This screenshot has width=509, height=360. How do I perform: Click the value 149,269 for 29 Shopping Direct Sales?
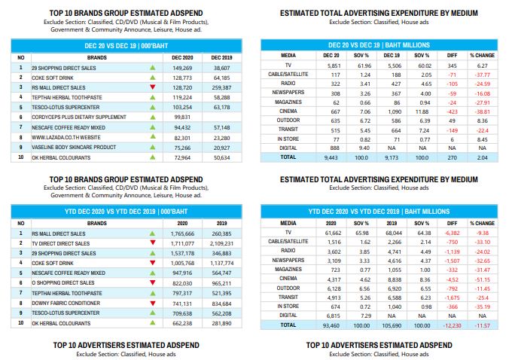[182, 69]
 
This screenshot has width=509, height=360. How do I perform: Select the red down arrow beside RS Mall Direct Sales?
[153, 87]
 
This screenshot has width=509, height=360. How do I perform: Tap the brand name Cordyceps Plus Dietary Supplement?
[79, 117]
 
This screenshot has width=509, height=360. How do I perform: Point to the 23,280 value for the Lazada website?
[221, 138]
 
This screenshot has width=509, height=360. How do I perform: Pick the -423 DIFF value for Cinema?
[453, 111]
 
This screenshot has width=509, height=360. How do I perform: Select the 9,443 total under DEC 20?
[331, 157]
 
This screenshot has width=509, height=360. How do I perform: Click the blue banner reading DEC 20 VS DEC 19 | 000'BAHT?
[126, 46]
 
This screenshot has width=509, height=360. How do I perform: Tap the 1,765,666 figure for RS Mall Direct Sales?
[182, 233]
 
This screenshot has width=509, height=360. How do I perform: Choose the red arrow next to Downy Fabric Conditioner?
[153, 304]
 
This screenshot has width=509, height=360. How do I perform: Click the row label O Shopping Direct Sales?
[63, 283]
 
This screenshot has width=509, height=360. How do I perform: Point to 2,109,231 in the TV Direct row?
[221, 243]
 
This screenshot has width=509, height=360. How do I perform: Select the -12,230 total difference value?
[453, 325]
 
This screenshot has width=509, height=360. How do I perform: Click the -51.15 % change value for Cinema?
[483, 279]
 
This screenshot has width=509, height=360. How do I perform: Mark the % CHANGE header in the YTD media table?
[483, 224]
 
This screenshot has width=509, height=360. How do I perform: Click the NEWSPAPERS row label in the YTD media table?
[288, 261]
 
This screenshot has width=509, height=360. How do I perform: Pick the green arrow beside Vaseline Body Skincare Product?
[153, 147]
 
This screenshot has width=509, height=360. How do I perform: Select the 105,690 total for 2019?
[392, 325]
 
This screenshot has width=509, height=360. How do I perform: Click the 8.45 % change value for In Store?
[483, 139]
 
